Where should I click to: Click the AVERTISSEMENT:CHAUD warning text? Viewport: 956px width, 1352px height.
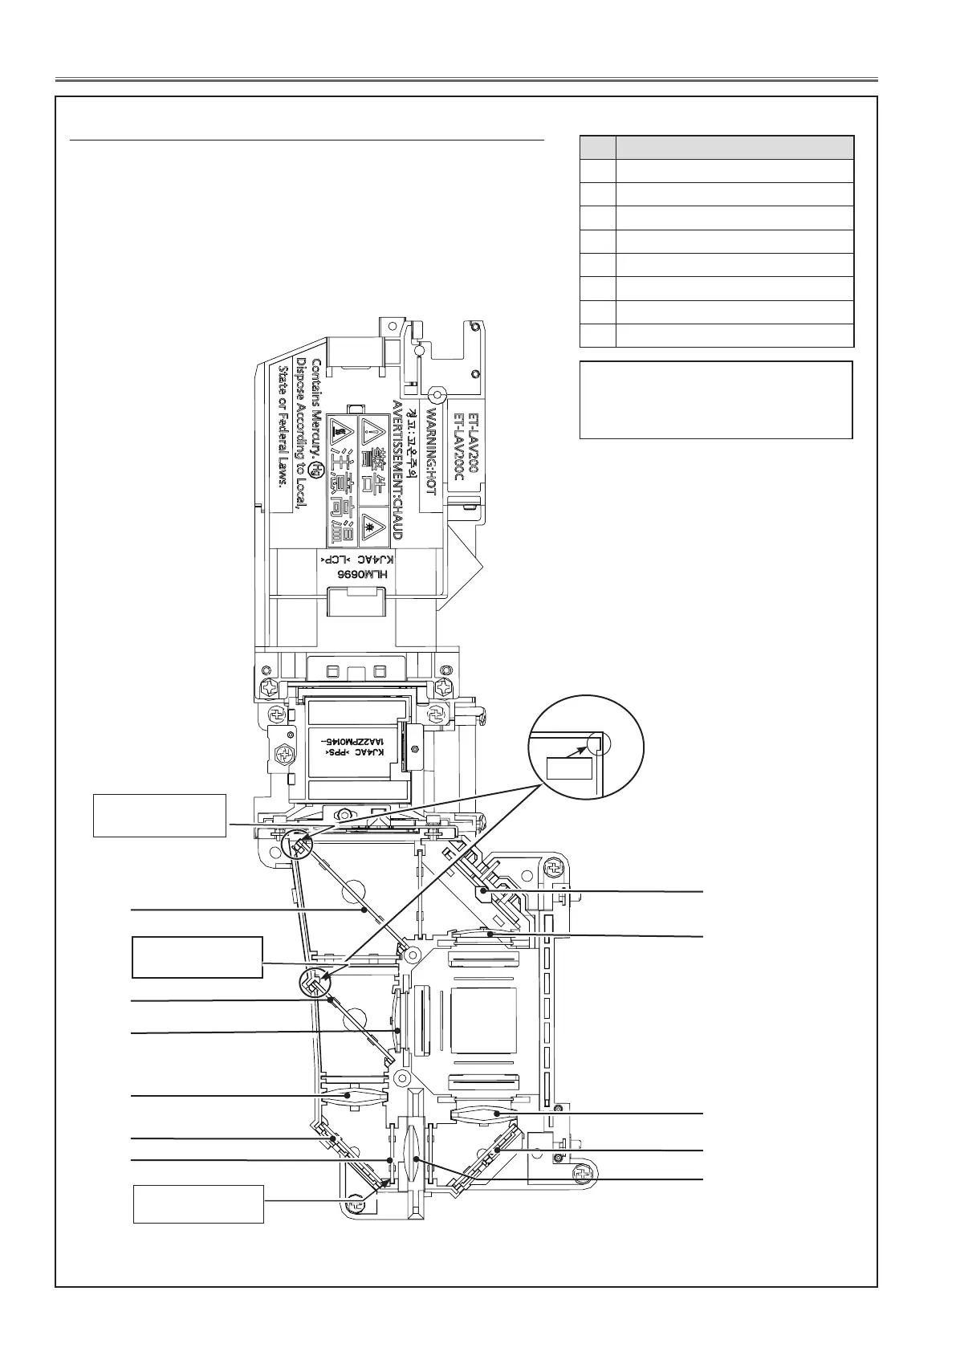coord(397,470)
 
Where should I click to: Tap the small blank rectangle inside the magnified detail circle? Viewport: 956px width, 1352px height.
coord(569,768)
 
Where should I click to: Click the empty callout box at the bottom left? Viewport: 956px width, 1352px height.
coord(198,1203)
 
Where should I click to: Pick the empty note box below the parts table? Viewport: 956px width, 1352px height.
coord(715,400)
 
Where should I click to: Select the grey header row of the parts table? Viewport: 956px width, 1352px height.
coord(716,147)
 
